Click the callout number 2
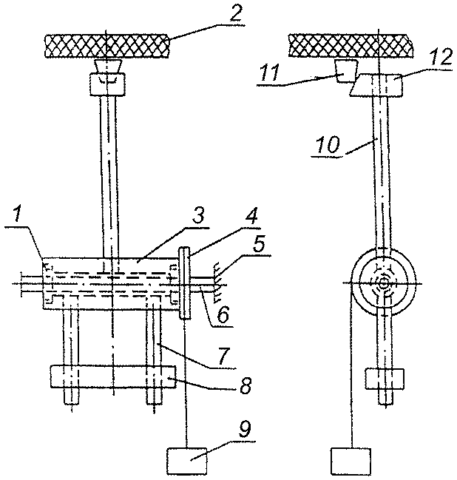pyautogui.click(x=235, y=13)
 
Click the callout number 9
pyautogui.click(x=244, y=430)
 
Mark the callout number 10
pyautogui.click(x=328, y=144)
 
